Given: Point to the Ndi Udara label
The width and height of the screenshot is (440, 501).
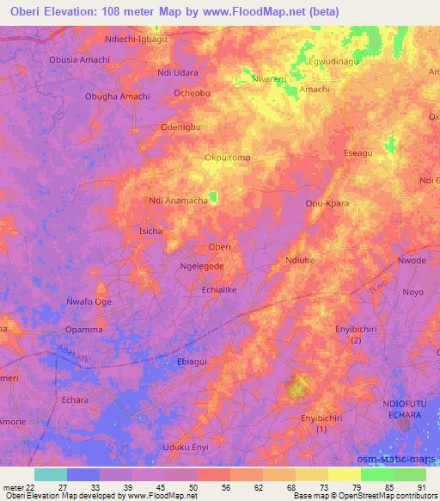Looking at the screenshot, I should [179, 73].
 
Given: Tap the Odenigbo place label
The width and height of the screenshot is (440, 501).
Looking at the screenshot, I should [180, 127].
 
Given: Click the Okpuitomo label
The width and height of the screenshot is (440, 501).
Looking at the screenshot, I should [228, 158].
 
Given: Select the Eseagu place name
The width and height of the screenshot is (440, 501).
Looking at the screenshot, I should [358, 153].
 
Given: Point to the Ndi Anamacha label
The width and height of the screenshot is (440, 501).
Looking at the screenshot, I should [179, 201].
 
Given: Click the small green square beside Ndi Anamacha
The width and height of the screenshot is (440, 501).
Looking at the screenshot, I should [213, 197].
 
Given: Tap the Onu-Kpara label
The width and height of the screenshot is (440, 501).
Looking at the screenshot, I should [326, 204].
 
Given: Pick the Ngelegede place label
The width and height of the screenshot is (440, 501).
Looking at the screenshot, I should [202, 267].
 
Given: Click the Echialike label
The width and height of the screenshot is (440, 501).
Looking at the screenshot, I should [218, 291].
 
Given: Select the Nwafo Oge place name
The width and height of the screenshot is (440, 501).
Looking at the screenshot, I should [89, 301].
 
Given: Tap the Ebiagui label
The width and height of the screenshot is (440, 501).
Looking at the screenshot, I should [192, 362].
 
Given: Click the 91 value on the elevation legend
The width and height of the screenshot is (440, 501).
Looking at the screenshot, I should [420, 486].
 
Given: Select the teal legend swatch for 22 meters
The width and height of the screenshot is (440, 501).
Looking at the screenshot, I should [51, 474].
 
